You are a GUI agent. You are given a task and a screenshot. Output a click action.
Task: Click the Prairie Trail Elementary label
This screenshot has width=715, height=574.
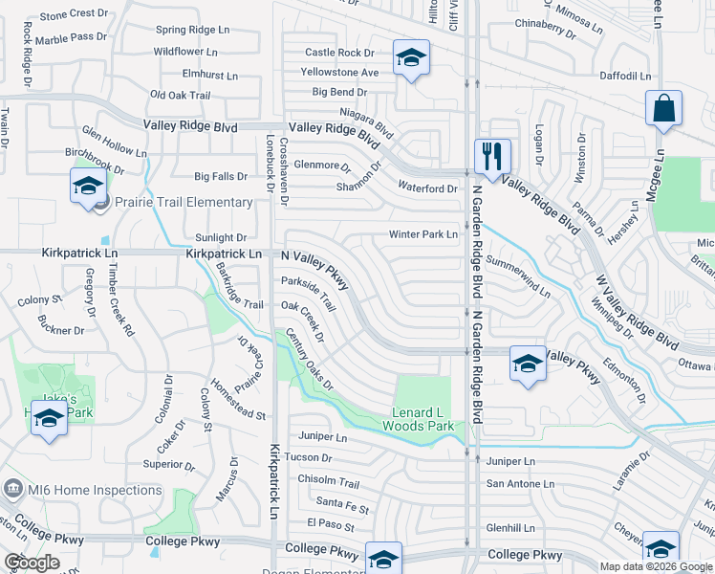coord(184,202)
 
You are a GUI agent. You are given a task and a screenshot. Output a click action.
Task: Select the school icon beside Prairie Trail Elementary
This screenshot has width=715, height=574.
coord(88,186)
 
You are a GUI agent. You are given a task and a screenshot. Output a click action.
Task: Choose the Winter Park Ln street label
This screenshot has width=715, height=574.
coord(422,234)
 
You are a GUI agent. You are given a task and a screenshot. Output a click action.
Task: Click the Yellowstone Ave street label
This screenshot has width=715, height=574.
coord(339,72)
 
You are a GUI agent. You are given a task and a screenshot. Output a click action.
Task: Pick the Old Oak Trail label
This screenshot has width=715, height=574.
coord(181,96)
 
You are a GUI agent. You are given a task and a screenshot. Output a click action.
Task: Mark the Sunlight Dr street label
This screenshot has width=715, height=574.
coord(221,237)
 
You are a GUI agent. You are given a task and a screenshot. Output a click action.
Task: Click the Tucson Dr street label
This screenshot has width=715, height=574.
coord(314,457)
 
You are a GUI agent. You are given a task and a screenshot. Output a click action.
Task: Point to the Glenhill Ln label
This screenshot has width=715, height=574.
coord(510,527)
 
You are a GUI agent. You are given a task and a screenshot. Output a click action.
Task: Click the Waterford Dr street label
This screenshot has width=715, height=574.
coord(427,188)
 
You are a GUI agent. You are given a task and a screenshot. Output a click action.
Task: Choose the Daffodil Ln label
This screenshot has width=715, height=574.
coord(625,76)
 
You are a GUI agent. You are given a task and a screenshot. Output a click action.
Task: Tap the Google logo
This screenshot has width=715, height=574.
coord(32,563)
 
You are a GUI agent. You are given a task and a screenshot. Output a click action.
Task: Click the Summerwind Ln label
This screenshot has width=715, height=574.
coord(518,275)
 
